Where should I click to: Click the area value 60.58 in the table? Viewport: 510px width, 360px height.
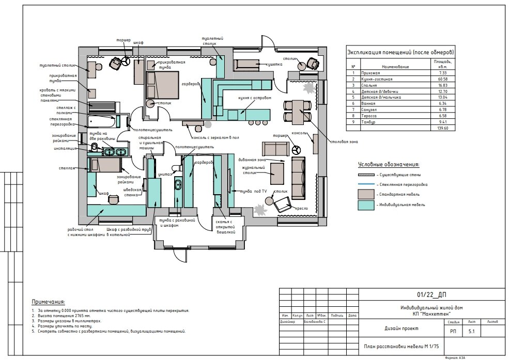pos(442,79)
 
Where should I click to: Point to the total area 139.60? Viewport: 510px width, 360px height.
pos(442,128)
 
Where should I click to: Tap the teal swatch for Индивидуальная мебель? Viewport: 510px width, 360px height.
pos(366,205)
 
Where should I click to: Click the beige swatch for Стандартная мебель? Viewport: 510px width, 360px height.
pos(366,194)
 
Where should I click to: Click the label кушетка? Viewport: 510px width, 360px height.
pos(273,65)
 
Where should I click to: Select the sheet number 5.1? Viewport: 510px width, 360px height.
pos(471,332)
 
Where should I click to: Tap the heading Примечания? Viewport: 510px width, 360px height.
pos(49,302)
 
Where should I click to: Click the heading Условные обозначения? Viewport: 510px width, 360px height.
pos(389,165)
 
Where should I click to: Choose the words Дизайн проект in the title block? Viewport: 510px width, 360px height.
pos(401,328)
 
